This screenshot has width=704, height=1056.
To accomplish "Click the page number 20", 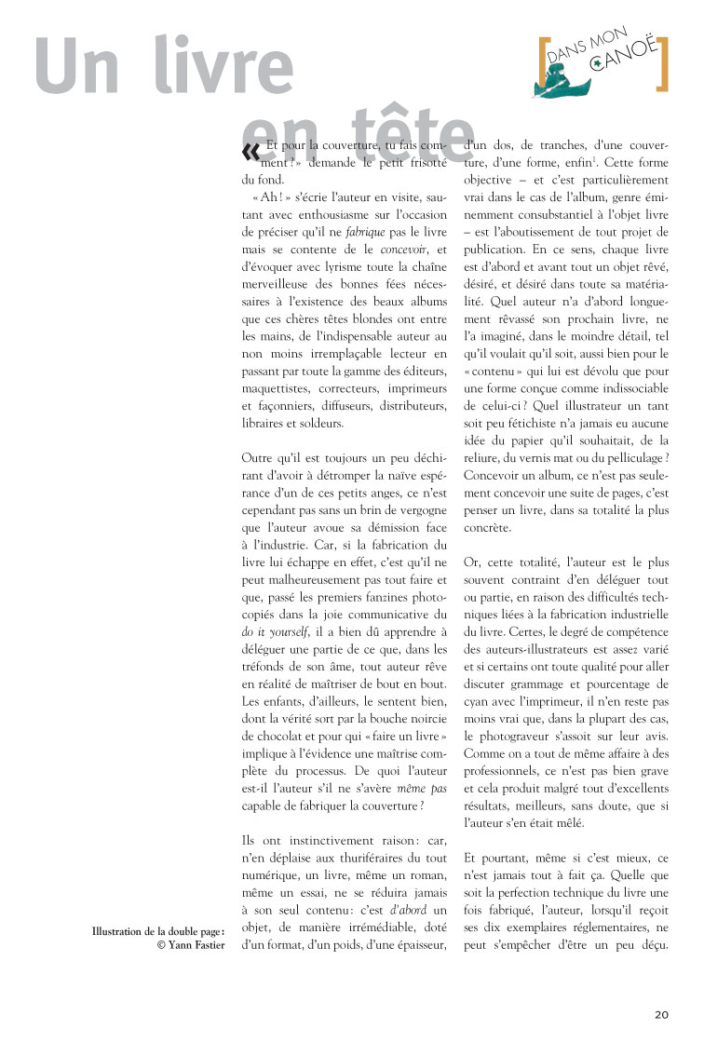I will (661, 1014).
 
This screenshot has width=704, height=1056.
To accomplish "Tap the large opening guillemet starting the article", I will (250, 152).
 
